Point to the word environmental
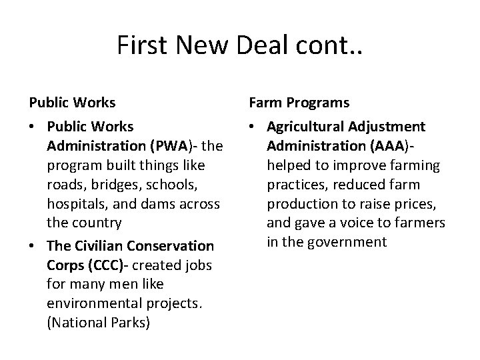pos(90,303)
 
